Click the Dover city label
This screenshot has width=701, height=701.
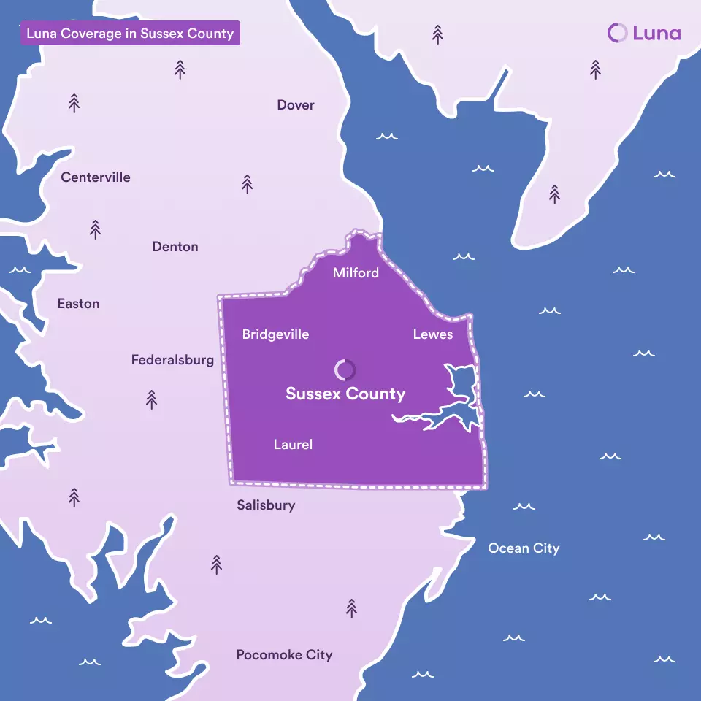coord(296,105)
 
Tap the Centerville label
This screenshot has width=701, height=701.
coord(96,177)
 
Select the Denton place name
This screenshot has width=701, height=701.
coord(175,247)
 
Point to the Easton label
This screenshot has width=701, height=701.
coord(78,304)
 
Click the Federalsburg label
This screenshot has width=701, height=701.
coord(172,360)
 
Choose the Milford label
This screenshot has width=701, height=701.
coord(356,273)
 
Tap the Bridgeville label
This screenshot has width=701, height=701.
coord(275,334)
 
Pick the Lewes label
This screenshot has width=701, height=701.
coord(433,334)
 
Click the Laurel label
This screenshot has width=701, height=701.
coord(293,444)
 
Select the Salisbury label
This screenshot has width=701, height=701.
coord(266,505)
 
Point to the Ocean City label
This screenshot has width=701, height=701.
coord(524,548)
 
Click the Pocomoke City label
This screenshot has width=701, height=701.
coord(284,655)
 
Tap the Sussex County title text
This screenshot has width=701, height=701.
coord(345,394)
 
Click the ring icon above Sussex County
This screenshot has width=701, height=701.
coord(345,369)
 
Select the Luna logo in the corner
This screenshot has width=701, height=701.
coord(643,33)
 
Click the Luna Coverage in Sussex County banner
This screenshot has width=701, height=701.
coord(130,34)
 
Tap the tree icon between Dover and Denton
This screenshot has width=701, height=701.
coord(247,184)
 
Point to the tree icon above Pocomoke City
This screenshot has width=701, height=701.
coord(351,608)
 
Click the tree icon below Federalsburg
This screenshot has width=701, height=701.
coord(151,399)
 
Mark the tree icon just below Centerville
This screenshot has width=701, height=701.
coord(95,229)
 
